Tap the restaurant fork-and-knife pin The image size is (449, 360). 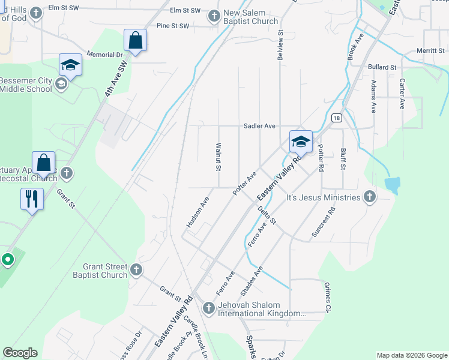click(x=32, y=199)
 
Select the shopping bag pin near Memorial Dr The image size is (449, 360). click(x=135, y=41)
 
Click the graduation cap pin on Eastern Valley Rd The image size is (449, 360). click(x=301, y=142)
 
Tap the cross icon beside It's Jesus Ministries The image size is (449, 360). click(x=370, y=197)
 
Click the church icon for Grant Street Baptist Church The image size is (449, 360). click(x=136, y=270)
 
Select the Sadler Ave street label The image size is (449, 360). click(x=259, y=126)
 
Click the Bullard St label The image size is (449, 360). click(x=382, y=67)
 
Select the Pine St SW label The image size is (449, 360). click(x=172, y=26)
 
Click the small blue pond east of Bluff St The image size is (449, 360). click(x=393, y=185)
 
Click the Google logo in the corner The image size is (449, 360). click(x=20, y=353)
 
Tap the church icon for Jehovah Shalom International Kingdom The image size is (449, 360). click(x=208, y=308)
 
